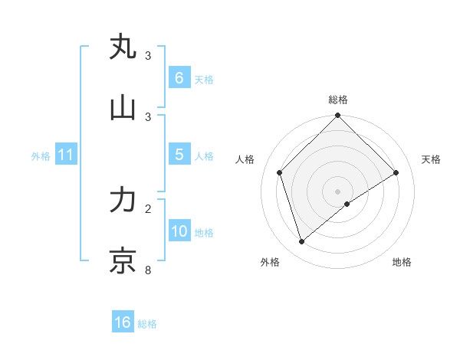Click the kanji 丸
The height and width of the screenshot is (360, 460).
123,47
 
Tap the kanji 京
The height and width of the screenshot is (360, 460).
123,261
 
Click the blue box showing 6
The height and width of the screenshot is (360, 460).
179,78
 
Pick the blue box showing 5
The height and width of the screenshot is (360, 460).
179,155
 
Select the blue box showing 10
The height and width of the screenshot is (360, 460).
179,231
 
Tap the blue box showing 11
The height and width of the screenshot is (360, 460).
66,155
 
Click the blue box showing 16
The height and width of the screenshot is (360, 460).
123,322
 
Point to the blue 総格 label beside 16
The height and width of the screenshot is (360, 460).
147,324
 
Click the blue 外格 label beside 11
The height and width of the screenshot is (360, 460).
41,156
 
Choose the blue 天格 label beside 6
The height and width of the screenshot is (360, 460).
203,80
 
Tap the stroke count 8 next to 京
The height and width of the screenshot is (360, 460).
148,270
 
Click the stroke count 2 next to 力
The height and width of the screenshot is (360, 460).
148,208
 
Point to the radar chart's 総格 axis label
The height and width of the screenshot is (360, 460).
338,100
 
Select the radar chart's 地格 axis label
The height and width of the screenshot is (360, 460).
402,262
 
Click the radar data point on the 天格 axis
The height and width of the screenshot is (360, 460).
396,172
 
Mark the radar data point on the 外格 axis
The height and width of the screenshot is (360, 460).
302,241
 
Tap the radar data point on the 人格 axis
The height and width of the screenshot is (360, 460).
280,172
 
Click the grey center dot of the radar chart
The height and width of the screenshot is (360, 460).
338,191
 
